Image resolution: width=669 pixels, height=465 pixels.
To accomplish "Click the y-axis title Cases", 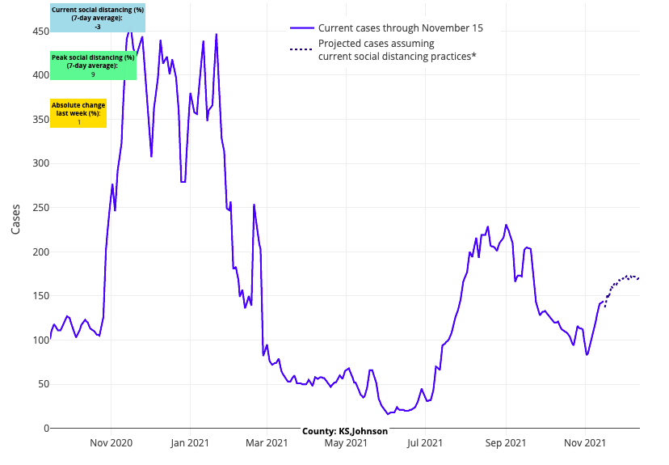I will [16, 218].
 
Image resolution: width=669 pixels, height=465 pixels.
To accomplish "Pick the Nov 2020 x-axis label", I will [111, 442].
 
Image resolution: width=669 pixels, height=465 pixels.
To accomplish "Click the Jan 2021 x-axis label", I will [190, 442].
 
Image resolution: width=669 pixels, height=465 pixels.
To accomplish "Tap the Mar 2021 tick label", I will [267, 442].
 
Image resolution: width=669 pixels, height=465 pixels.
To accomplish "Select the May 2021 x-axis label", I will [345, 442].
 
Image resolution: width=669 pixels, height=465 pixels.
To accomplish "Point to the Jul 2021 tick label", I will [425, 442].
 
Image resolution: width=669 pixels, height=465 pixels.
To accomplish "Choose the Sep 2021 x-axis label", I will [506, 442].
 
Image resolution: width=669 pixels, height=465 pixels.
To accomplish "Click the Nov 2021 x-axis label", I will [585, 442].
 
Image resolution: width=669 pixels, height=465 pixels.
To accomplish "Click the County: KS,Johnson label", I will [345, 431].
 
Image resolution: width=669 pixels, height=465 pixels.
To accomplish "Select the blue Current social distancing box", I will [98, 18].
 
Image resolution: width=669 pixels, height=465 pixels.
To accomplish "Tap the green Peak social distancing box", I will [93, 66].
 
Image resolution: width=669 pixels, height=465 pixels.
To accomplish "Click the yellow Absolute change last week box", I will [78, 113].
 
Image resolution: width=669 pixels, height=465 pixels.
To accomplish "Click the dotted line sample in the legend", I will [301, 49].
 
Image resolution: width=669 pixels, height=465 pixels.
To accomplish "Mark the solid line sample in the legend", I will [301, 28].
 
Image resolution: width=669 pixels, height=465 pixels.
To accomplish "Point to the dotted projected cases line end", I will [638, 278].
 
